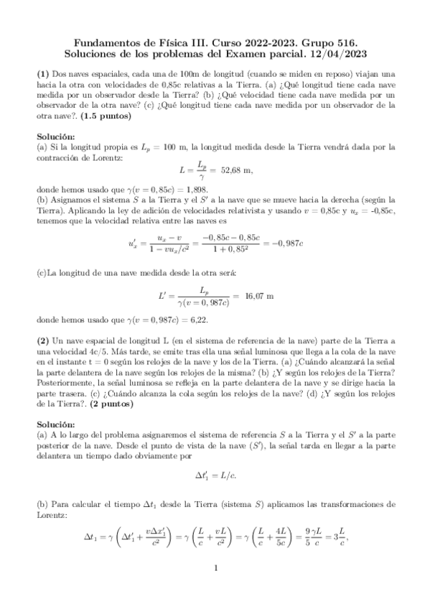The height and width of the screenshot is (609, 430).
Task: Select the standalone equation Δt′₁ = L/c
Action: pyautogui.click(x=215, y=474)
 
